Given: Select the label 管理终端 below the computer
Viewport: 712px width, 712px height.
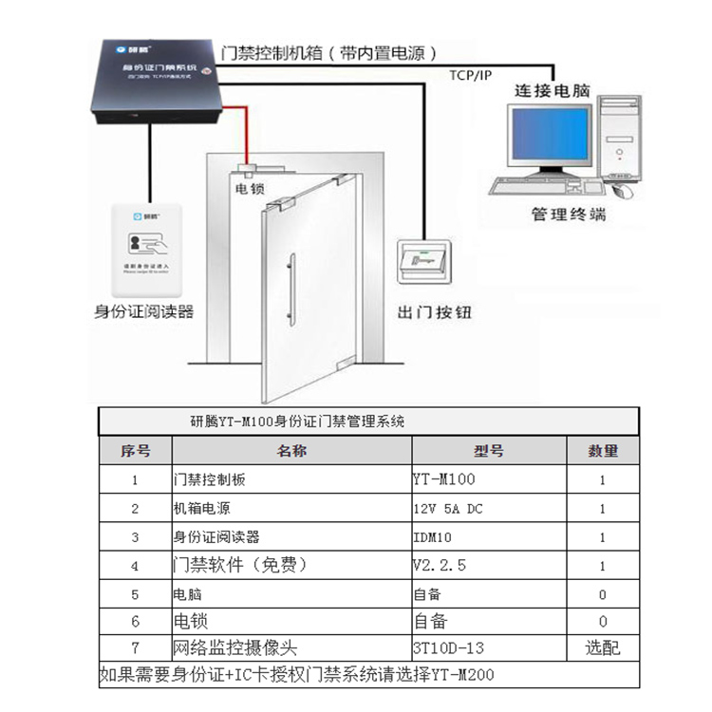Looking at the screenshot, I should (x=568, y=215).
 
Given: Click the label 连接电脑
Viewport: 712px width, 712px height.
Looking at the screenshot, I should (x=553, y=92).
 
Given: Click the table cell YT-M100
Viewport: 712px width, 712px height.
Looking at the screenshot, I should (x=444, y=480).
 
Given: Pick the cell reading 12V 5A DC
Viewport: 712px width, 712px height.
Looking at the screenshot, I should (x=448, y=509).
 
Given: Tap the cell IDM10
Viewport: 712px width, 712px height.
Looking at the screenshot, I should (x=432, y=537).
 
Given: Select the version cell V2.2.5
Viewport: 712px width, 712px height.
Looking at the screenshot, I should (x=440, y=566).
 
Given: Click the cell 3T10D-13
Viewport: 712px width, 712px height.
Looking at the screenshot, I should (x=449, y=649).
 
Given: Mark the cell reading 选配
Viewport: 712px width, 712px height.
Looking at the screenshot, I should (x=603, y=649).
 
